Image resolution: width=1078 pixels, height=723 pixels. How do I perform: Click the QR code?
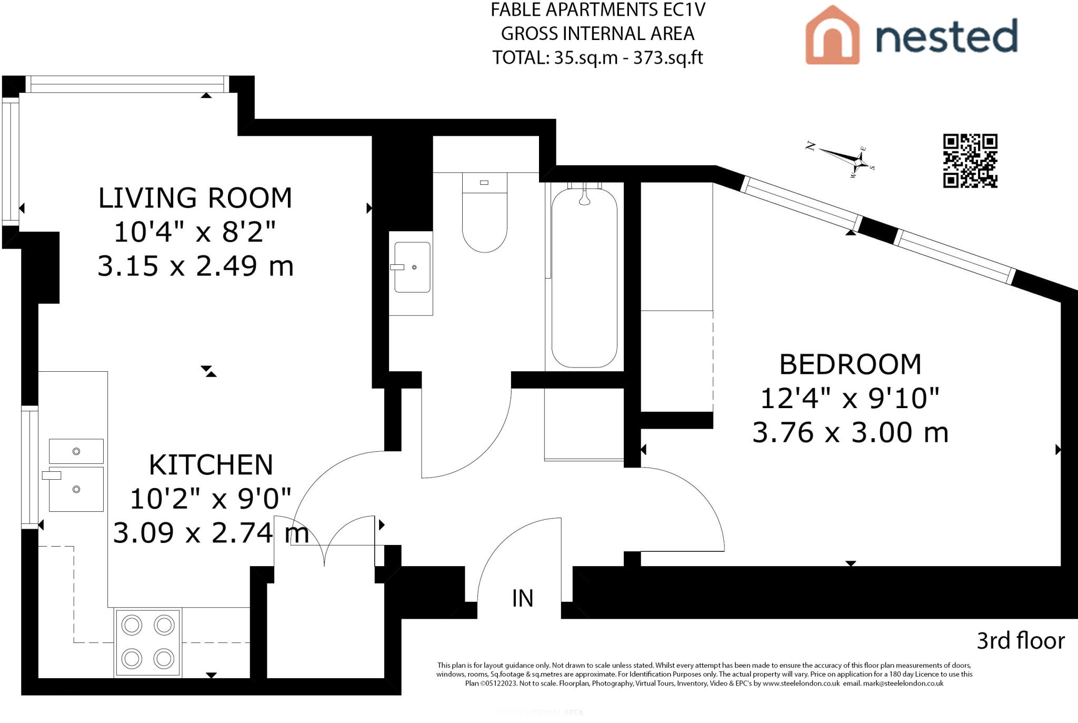(x=970, y=161)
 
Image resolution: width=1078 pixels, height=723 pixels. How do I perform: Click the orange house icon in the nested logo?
(x=832, y=35)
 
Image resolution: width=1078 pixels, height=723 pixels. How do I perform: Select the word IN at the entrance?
(x=523, y=598)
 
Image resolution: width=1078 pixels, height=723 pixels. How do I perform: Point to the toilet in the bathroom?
(x=484, y=212)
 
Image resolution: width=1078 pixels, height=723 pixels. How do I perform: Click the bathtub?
(x=584, y=277)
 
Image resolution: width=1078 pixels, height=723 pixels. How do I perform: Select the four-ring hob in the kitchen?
(x=148, y=642)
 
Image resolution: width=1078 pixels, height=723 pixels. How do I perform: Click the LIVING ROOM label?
(x=195, y=198)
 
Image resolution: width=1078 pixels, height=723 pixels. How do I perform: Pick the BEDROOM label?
(x=850, y=364)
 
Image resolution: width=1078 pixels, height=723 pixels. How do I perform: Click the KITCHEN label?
(x=211, y=465)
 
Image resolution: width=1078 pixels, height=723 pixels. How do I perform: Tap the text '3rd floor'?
(x=1021, y=641)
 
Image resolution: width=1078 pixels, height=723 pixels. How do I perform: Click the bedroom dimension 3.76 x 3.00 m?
(x=850, y=432)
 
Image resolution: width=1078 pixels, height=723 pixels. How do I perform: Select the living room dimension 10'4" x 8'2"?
(x=195, y=232)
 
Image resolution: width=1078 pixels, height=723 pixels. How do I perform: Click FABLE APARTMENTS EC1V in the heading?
(x=598, y=10)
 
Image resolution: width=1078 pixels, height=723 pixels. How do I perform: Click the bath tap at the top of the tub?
(x=584, y=194)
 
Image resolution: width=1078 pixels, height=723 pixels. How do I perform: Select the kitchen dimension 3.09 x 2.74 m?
(x=211, y=533)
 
